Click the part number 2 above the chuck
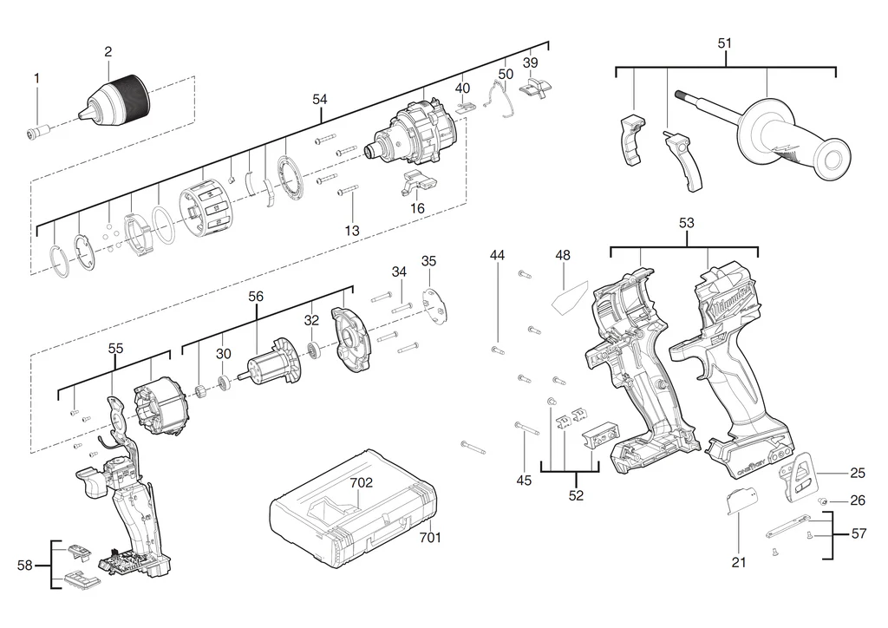tap(108, 52)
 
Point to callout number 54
tap(320, 100)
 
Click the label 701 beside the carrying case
tap(430, 538)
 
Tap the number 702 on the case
tap(362, 483)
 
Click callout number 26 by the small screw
tap(858, 500)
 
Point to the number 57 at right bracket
tap(859, 534)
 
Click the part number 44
tap(497, 255)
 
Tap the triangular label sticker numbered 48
tap(567, 299)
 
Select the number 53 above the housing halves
tap(687, 224)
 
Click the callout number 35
tap(429, 261)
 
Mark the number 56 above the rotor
tap(256, 297)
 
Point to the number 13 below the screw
tap(351, 231)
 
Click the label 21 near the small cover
tap(738, 562)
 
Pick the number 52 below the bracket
tap(576, 496)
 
